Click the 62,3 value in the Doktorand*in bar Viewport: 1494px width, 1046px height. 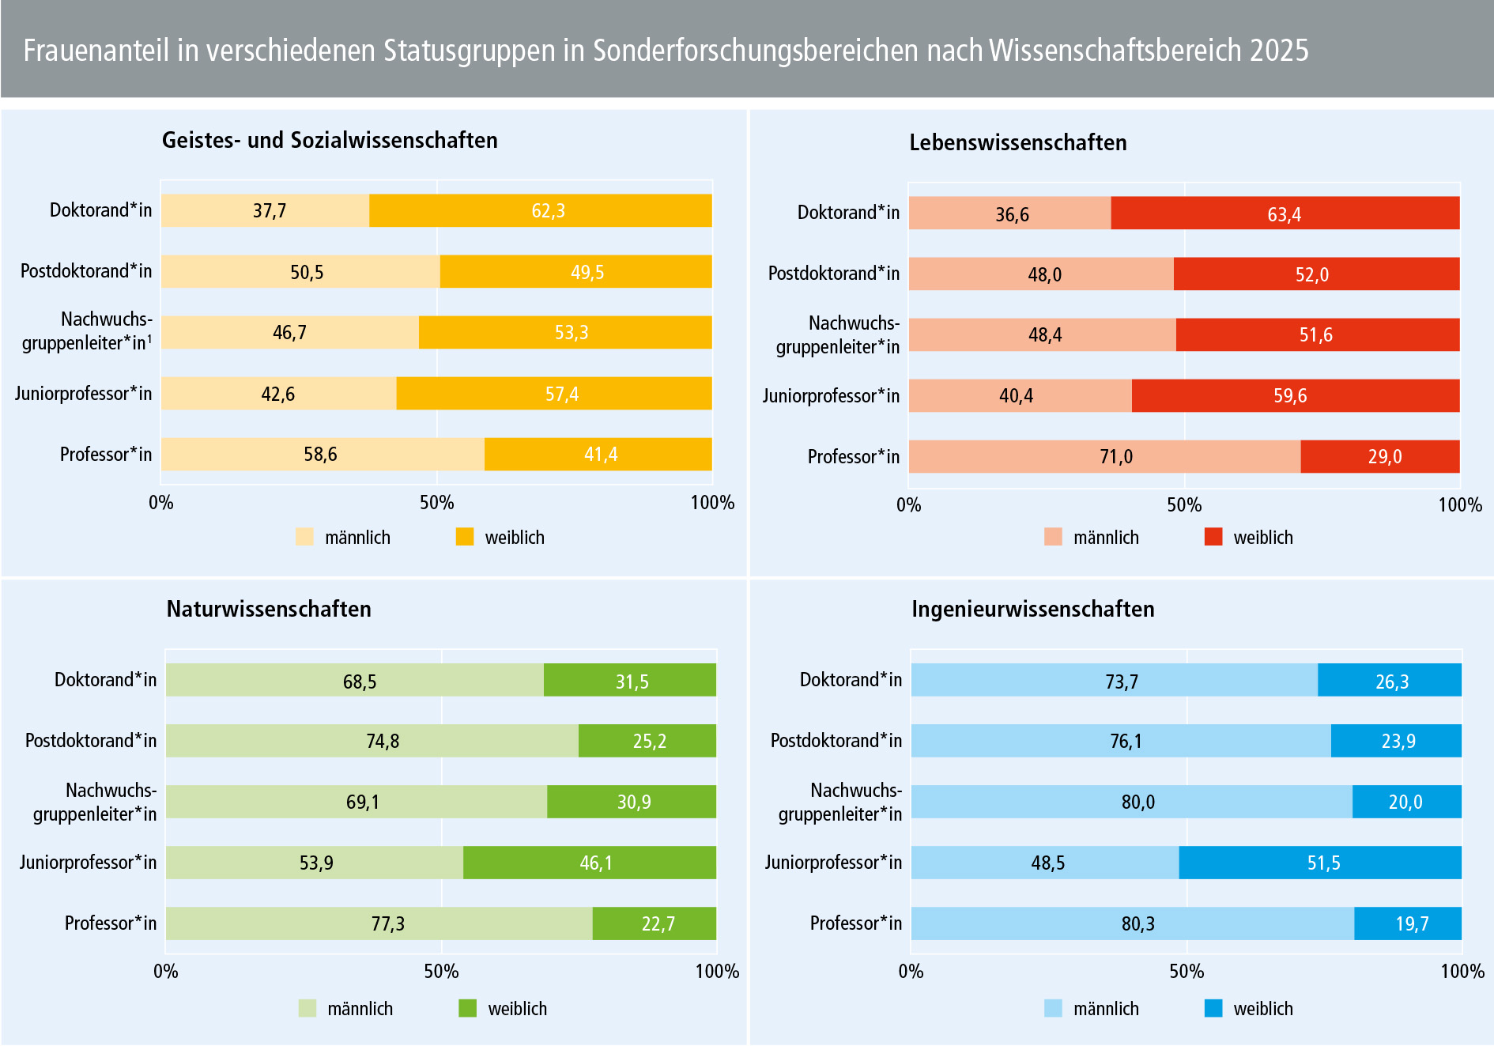click(x=548, y=211)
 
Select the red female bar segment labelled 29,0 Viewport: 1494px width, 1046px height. click(x=1379, y=456)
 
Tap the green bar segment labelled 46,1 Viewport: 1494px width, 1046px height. click(x=590, y=863)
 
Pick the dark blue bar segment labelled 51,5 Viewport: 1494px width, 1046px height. click(x=1320, y=863)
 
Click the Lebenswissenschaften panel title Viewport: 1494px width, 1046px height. click(x=1017, y=143)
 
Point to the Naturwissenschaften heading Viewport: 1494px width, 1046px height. click(x=269, y=610)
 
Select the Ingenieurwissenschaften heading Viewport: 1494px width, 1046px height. click(x=1032, y=610)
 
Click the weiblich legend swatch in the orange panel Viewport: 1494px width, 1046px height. click(x=465, y=537)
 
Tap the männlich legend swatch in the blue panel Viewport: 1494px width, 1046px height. click(x=1053, y=1008)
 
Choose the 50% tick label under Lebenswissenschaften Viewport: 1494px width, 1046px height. click(x=1183, y=505)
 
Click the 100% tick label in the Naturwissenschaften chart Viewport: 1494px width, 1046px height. click(x=716, y=972)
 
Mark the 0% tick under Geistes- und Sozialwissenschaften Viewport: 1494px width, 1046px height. click(x=161, y=503)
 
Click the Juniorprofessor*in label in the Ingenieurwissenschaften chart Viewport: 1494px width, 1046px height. click(x=832, y=863)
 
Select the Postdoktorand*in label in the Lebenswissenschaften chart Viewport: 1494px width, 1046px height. click(x=833, y=274)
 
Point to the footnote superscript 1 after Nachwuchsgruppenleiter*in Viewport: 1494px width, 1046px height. click(x=150, y=338)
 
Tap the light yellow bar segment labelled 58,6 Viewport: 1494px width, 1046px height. click(x=321, y=455)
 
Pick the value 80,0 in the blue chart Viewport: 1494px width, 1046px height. click(x=1137, y=802)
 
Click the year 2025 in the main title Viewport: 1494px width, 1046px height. click(x=1279, y=51)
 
